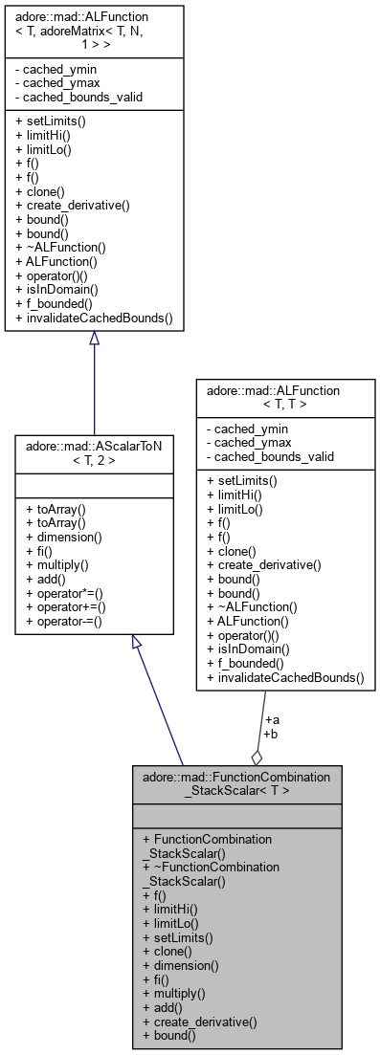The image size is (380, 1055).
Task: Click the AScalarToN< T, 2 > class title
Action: (x=94, y=452)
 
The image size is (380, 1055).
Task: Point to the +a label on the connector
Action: (x=271, y=719)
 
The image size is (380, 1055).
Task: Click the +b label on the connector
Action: (x=271, y=734)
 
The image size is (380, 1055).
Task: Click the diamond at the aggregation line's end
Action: (x=256, y=756)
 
